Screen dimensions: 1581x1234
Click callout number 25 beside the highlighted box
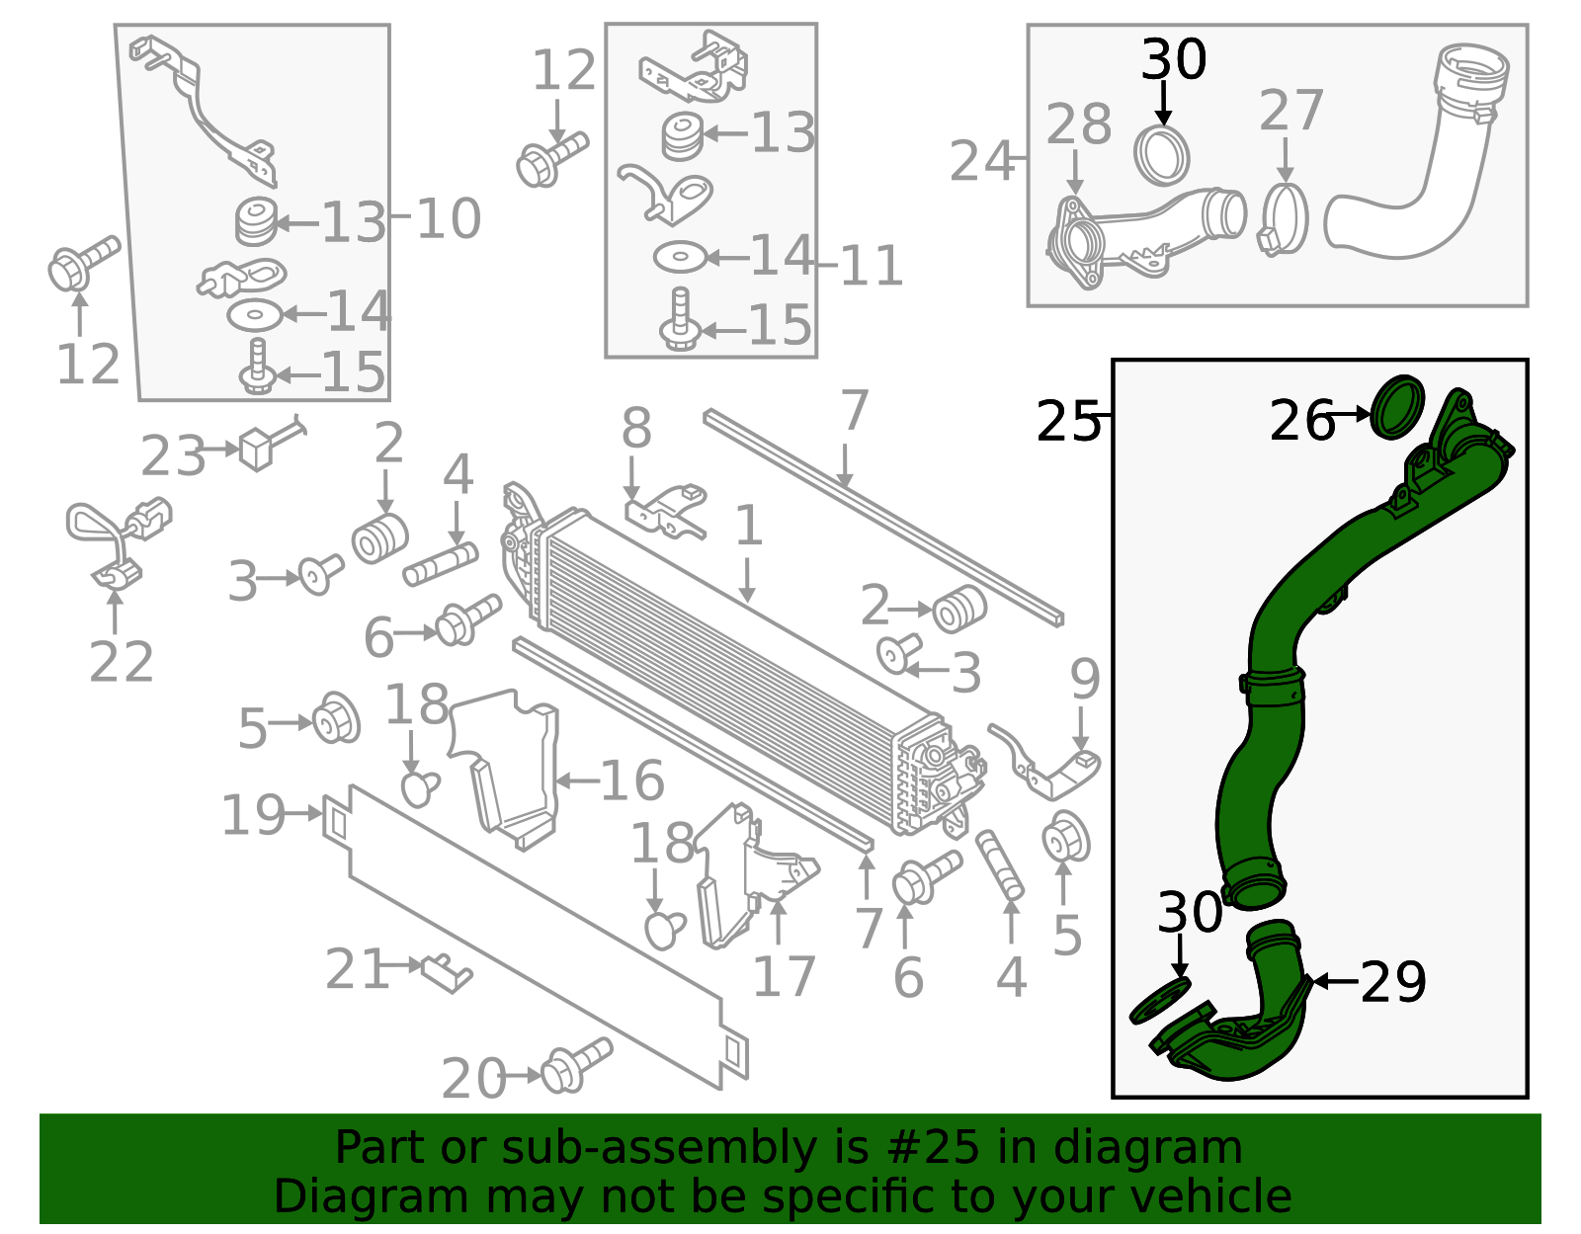1067,421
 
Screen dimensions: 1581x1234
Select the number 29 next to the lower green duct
1392,982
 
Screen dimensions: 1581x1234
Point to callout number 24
981,161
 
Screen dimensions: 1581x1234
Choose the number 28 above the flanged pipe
1079,123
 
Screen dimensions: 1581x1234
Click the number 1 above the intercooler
749,525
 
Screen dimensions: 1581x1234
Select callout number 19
252,814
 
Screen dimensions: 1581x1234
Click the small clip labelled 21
449,973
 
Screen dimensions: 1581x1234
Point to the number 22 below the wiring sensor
121,661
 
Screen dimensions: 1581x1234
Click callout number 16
632,781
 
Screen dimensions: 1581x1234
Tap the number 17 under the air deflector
783,976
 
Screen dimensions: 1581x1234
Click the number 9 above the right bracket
1084,679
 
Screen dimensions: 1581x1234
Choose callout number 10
449,218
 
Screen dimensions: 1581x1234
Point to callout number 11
871,265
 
